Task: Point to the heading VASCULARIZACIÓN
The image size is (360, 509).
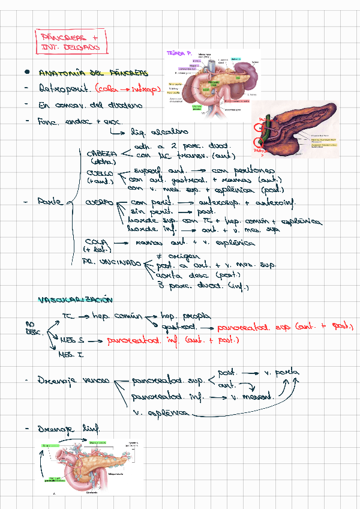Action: tap(75, 300)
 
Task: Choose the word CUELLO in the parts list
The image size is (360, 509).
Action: tap(99, 173)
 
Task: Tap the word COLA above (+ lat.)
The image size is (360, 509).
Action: tap(96, 241)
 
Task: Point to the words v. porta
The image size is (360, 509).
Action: tap(281, 372)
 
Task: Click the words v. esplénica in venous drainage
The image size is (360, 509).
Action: tap(159, 413)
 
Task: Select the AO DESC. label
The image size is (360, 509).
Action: tap(32, 328)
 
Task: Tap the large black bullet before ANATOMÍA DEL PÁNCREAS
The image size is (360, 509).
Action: tap(27, 73)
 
